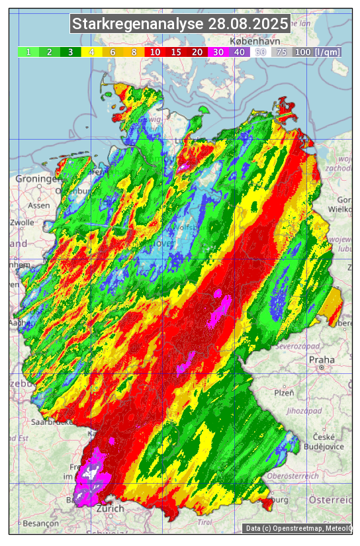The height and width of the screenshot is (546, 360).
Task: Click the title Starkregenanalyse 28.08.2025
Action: point(180,24)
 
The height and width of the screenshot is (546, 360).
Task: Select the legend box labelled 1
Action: point(28,52)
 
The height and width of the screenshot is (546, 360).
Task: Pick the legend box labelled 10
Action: point(155,52)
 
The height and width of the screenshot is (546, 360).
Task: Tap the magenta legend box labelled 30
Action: point(218,52)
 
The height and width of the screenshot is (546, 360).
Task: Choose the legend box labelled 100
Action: point(302,52)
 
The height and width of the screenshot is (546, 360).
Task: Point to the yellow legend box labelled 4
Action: point(91,52)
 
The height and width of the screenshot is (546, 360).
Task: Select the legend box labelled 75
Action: point(281,52)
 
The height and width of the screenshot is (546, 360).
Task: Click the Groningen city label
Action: point(38,179)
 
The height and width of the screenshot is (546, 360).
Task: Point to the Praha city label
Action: point(322,360)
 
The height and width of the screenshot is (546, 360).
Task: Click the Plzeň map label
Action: point(284,392)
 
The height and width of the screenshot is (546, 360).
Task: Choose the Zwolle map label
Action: point(22,222)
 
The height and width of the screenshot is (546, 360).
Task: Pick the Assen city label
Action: point(39,205)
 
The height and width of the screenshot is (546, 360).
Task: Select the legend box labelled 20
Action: point(197,52)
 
